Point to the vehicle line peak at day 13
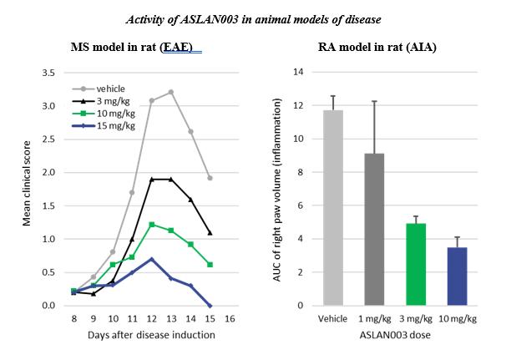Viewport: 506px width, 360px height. [170, 92]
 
